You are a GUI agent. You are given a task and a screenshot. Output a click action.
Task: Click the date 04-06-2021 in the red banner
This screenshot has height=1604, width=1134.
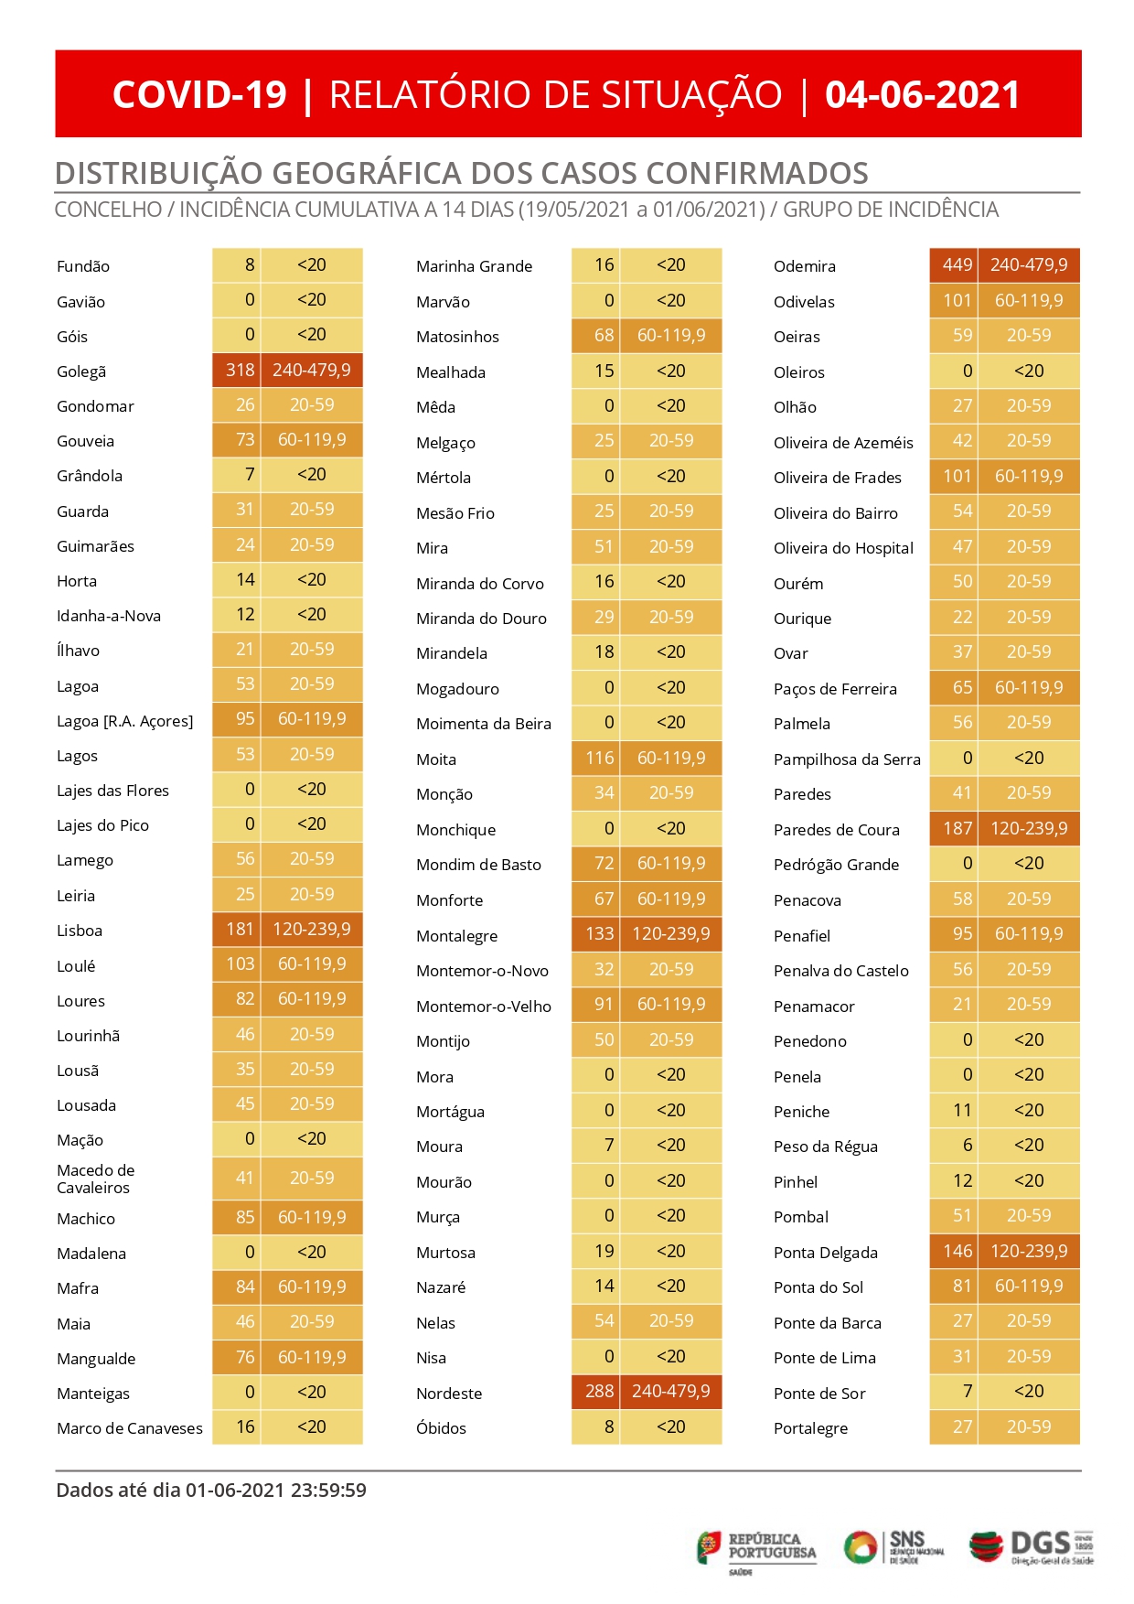tap(922, 95)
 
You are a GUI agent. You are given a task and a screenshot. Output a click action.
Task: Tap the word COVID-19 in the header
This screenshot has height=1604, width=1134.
tap(199, 95)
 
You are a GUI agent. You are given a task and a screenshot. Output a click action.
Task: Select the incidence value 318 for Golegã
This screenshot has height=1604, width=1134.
tap(241, 370)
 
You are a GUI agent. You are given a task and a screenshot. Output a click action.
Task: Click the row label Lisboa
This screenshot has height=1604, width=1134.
tap(80, 931)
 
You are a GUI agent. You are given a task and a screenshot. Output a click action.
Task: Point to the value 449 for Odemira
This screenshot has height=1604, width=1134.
tap(957, 264)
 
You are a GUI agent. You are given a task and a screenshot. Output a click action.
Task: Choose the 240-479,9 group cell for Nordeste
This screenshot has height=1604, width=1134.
tap(671, 1391)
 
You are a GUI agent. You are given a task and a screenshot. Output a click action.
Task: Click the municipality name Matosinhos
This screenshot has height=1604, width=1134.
tap(457, 337)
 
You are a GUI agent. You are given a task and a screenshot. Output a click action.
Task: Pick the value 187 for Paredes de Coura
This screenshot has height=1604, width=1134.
tap(957, 828)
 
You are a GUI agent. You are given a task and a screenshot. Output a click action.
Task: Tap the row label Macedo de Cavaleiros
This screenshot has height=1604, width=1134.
tap(95, 1179)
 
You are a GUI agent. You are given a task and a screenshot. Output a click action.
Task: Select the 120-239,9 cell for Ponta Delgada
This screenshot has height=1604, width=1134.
tap(1029, 1251)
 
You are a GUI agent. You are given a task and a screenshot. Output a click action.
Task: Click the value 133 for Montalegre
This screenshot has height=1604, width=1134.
tap(600, 933)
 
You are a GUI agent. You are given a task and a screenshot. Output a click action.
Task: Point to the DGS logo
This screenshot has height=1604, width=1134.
tap(1032, 1546)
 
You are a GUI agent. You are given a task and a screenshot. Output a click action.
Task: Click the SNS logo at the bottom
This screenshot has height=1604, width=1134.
tap(893, 1547)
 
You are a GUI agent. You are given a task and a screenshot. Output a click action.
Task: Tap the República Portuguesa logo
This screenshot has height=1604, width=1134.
tap(756, 1551)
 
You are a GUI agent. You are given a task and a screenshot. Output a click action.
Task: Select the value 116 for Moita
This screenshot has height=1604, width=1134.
tap(600, 758)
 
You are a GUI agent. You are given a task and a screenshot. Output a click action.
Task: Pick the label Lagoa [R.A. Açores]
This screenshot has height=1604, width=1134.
tap(125, 721)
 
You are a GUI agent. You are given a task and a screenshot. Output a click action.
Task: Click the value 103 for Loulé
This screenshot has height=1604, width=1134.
tap(241, 963)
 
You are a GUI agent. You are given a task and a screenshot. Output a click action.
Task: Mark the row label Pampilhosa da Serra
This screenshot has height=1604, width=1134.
tap(847, 759)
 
